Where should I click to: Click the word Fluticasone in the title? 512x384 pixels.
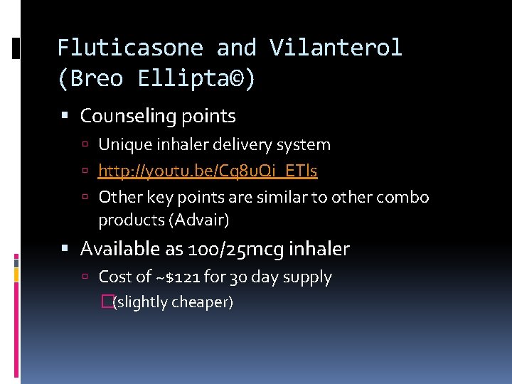coord(130,48)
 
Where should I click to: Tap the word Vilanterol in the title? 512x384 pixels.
coord(336,48)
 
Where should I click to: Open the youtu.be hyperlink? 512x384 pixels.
coord(208,171)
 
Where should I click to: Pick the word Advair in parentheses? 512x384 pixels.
coord(198,220)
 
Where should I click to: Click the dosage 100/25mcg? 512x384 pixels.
coord(225,249)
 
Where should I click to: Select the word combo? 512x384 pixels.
coord(405,197)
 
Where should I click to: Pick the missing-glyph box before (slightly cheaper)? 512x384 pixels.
coord(107,302)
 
